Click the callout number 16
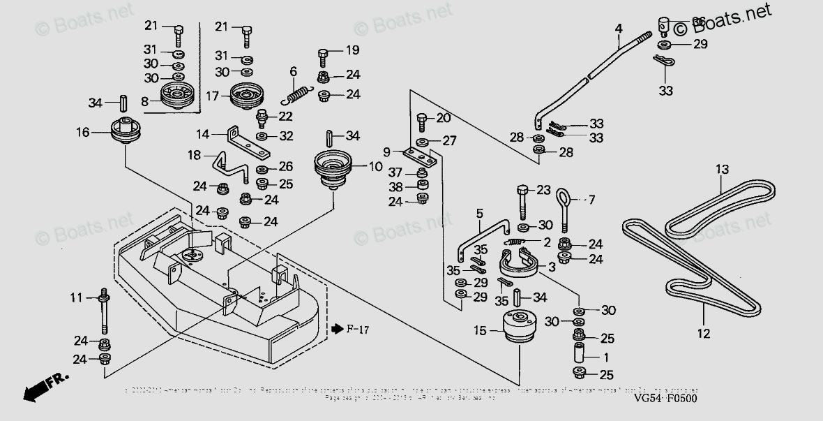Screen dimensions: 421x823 (x=82, y=132)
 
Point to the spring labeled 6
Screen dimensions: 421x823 (x=299, y=91)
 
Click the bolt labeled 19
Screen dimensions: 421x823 (x=323, y=54)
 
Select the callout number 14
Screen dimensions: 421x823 (x=202, y=133)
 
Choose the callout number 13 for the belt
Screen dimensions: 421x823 (x=721, y=169)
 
